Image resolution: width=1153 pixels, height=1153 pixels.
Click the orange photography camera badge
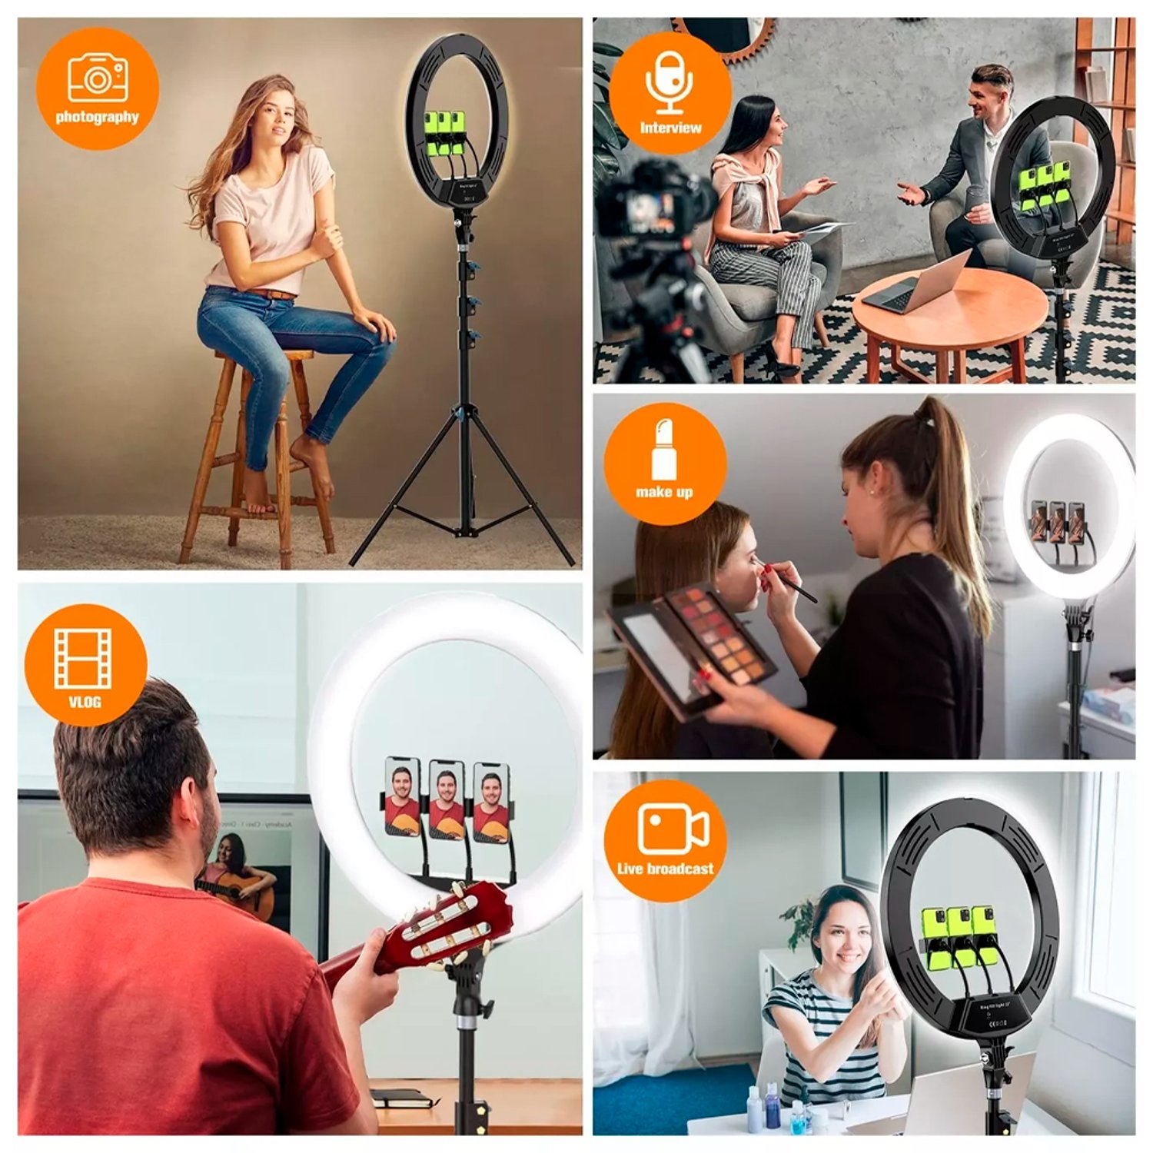coord(98,88)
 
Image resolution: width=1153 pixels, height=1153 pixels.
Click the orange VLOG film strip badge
coord(85,665)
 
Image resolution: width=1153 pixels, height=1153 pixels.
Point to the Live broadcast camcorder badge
coord(665,840)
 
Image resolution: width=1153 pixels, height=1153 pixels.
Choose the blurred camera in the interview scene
coord(653,204)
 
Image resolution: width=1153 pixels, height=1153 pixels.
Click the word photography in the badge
coord(98,118)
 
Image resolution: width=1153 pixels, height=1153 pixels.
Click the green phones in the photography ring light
coord(446,131)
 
